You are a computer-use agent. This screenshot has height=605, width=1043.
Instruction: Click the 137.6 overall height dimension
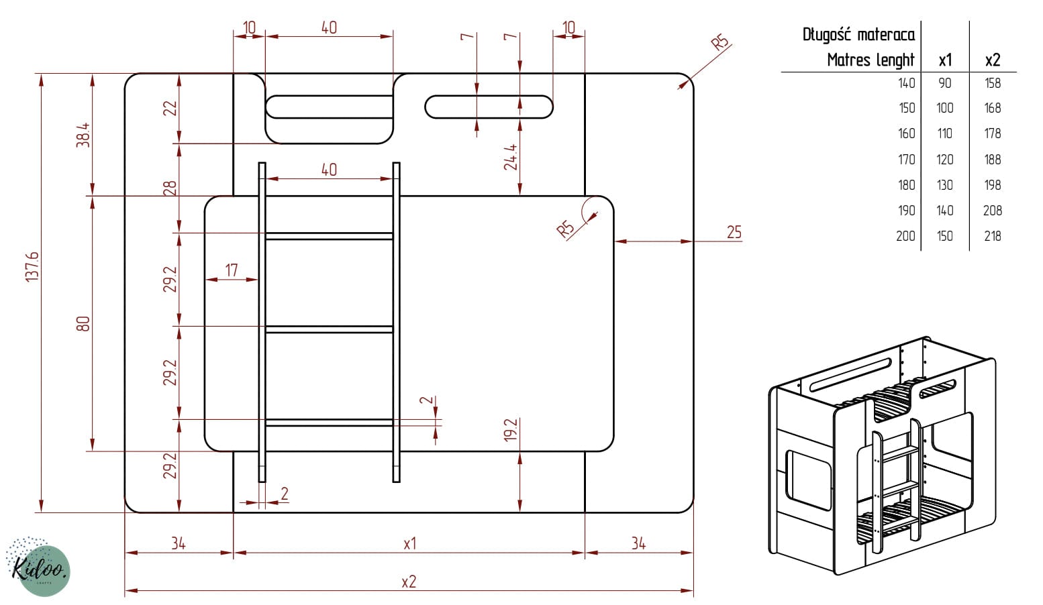[32, 267]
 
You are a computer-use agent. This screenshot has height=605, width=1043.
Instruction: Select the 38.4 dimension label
[83, 135]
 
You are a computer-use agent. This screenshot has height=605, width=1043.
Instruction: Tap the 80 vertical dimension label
[83, 324]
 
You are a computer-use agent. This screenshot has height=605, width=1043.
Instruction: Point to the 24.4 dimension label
[511, 157]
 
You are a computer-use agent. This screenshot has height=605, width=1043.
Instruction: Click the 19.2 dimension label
[511, 430]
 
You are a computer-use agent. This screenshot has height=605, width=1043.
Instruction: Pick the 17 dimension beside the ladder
[232, 270]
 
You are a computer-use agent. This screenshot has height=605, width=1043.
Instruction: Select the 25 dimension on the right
[734, 232]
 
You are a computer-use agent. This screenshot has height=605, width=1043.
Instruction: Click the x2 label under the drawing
[409, 582]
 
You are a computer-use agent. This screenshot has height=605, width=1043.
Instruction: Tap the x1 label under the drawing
[410, 543]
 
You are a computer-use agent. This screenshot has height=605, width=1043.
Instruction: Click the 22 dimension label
[170, 108]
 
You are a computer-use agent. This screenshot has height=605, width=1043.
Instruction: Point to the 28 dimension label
[170, 188]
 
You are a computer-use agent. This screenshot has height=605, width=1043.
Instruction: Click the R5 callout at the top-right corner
[719, 43]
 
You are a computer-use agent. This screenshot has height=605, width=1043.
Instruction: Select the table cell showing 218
[993, 236]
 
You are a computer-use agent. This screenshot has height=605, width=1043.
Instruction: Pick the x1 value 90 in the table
[945, 83]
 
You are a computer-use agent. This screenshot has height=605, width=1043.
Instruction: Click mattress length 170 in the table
[907, 160]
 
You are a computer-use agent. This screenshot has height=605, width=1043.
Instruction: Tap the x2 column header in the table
[993, 60]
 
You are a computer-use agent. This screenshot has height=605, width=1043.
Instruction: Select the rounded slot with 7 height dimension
[489, 107]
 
